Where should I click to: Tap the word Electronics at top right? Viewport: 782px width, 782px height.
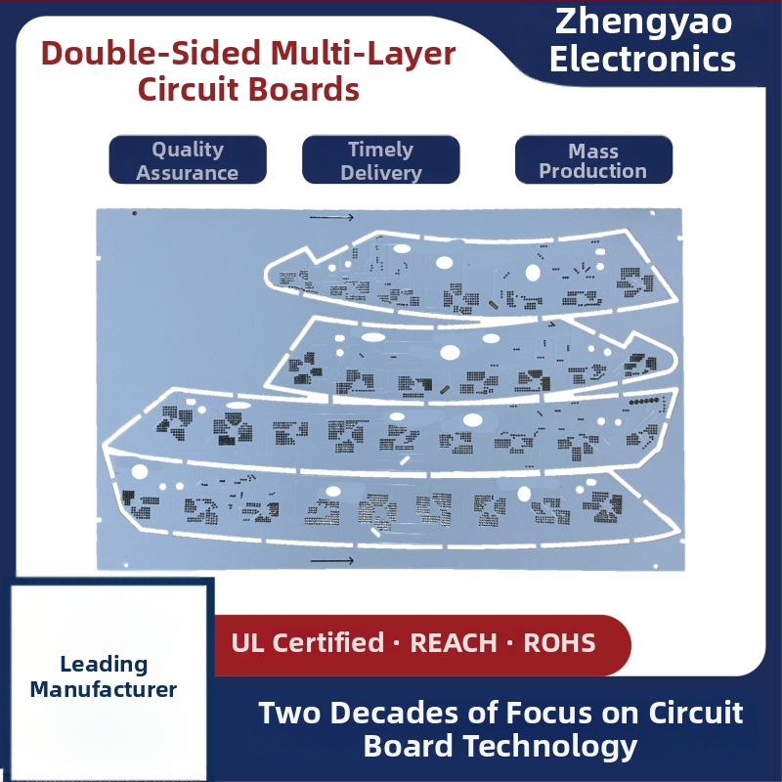pos(642,59)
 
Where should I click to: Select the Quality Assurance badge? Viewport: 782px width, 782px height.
pos(188,159)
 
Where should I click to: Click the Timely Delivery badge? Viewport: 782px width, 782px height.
pos(380,159)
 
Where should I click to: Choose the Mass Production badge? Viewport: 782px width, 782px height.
pos(593,159)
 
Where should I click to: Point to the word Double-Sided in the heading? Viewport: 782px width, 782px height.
pos(152,53)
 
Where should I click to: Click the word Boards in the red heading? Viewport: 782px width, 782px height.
pos(304,89)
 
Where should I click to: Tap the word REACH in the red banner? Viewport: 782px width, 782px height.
pos(454,642)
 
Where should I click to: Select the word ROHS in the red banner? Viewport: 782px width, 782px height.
pos(559,642)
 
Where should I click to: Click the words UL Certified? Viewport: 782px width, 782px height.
pos(308,642)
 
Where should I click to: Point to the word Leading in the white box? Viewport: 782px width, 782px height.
pos(104,665)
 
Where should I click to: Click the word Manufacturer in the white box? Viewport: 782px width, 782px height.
pos(104,690)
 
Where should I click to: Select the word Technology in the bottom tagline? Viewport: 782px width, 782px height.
pos(550,747)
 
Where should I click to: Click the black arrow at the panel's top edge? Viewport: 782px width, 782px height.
pos(331,217)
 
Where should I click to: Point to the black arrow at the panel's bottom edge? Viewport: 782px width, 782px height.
pos(332,560)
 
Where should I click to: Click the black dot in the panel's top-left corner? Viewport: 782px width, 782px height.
pos(135,213)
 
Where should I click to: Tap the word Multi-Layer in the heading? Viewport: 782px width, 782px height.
pos(363,54)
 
